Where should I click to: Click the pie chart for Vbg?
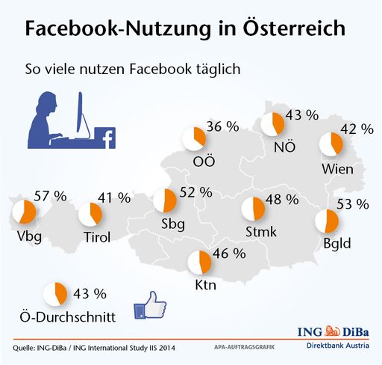(x=26, y=214)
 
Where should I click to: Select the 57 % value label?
(x=50, y=197)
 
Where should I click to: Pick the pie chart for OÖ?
(x=195, y=138)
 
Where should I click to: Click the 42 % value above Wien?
(x=357, y=128)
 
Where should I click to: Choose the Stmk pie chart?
(x=254, y=209)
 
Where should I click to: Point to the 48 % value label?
(x=282, y=200)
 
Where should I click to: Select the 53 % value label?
(x=353, y=203)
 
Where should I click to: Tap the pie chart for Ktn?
(x=199, y=263)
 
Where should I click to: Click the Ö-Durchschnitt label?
(x=67, y=317)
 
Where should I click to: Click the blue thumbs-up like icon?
(x=148, y=307)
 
